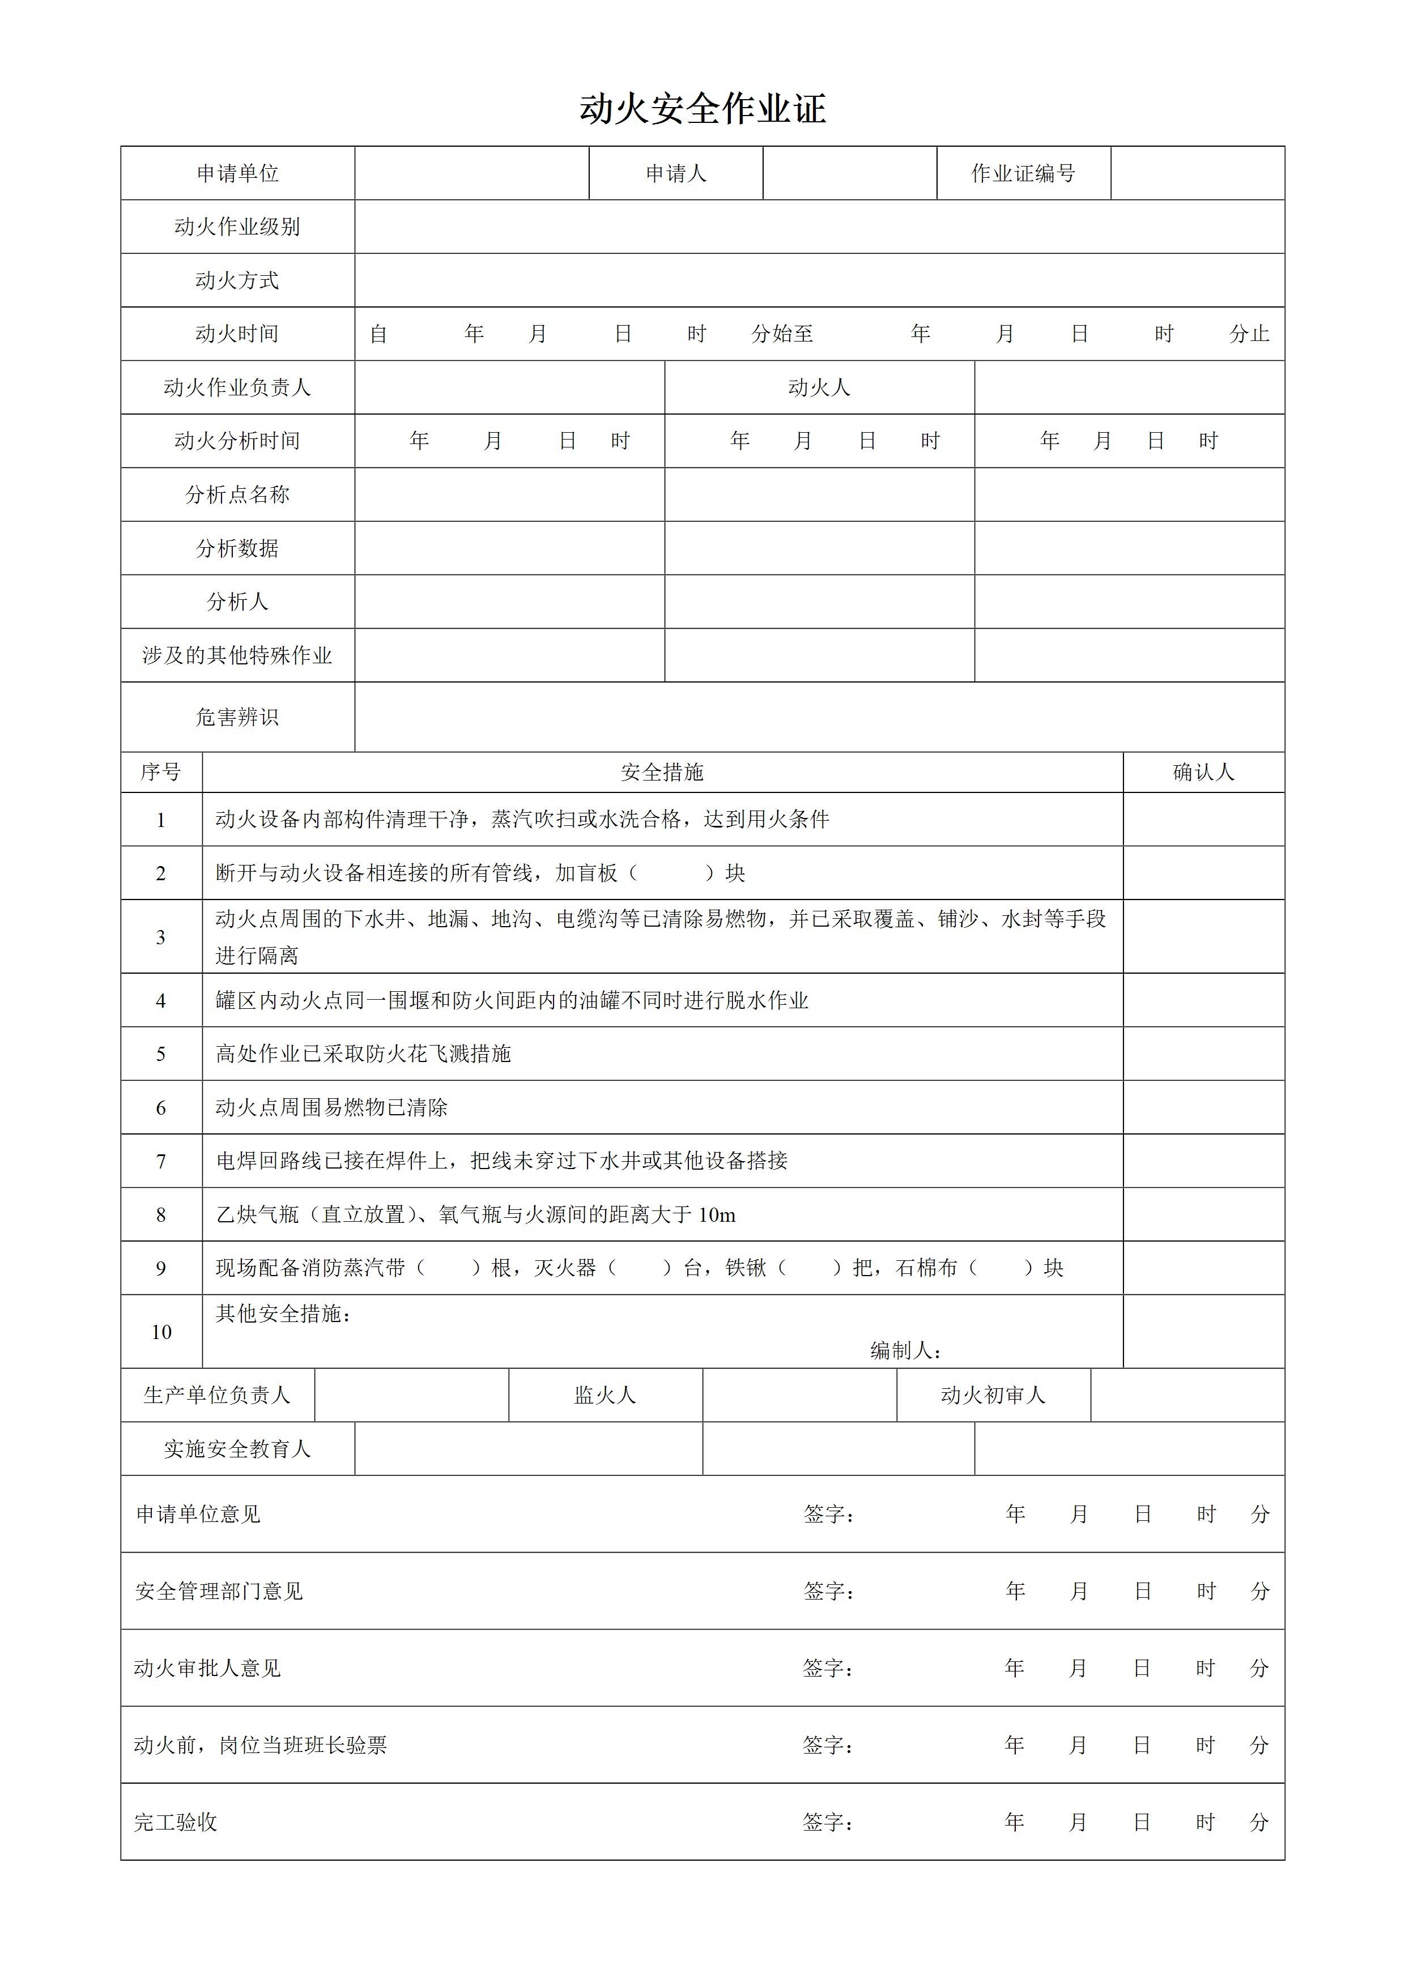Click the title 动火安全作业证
[702, 110]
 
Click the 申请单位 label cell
[237, 174]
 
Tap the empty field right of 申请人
[849, 174]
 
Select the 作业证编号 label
[1023, 174]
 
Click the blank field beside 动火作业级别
[819, 227]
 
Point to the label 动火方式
[237, 280]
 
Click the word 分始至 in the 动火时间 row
[782, 334]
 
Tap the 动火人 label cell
[819, 387]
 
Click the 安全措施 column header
[662, 772]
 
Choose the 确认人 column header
[1203, 772]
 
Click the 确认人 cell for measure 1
[1203, 820]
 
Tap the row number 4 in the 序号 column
[161, 1001]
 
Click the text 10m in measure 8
[717, 1215]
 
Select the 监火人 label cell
[605, 1395]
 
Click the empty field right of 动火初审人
[1187, 1395]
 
